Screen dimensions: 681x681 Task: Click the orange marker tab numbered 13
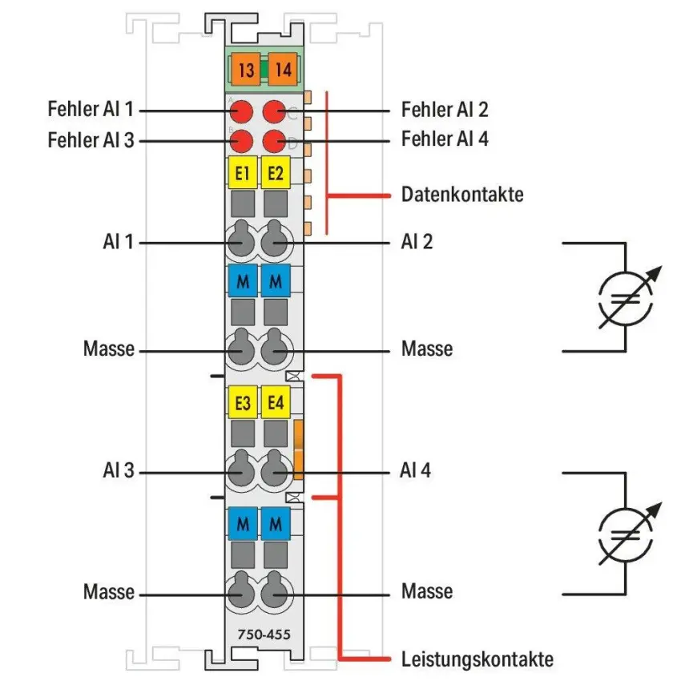246,70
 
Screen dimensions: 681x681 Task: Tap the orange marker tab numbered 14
283,70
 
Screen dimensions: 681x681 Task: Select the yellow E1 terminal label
243,173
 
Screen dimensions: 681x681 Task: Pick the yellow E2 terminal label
276,173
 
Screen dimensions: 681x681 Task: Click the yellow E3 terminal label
243,402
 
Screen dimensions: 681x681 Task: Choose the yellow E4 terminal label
276,402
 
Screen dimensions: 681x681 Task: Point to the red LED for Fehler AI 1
241,111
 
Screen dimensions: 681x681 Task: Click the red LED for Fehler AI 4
275,141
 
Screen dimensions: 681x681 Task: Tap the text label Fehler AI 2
445,110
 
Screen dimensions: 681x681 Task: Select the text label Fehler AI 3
91,140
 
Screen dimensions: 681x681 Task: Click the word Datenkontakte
462,194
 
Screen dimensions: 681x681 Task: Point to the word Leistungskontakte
478,659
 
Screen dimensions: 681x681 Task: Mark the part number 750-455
264,635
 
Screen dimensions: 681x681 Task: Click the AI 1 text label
118,241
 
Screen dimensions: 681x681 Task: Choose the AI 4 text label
415,470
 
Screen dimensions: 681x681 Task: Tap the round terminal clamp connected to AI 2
275,240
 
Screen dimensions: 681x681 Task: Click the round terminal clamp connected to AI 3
241,470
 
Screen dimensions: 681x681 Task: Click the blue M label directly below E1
243,281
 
